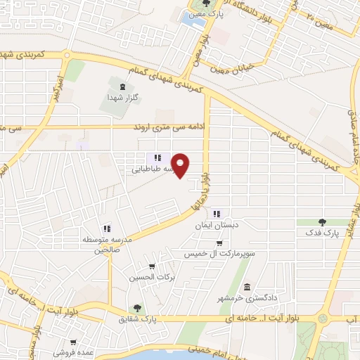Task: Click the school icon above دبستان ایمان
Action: point(217,214)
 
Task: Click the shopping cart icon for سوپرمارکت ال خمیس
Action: point(219,243)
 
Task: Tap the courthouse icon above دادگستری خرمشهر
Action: point(247,287)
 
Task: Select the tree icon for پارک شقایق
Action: point(137,307)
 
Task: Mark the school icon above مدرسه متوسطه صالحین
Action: point(106,228)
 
